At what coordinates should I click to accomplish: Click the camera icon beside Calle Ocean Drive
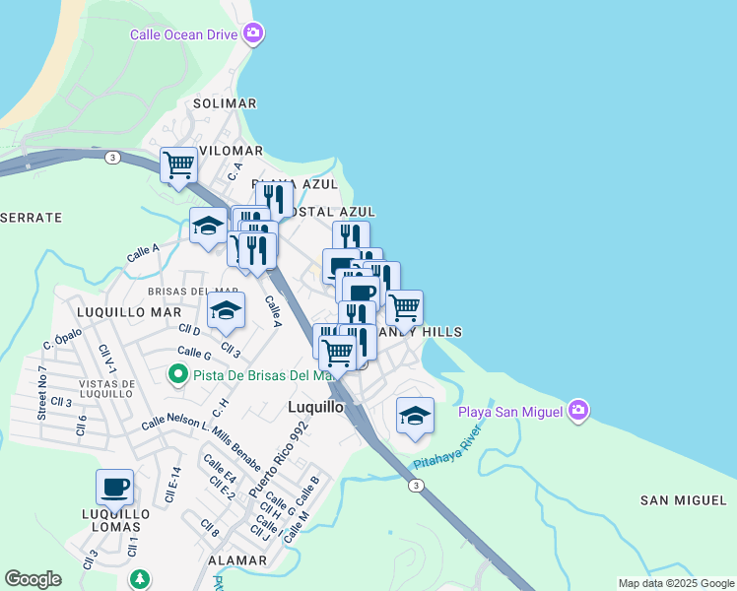pos(253,34)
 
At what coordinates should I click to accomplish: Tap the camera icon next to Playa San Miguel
pos(577,410)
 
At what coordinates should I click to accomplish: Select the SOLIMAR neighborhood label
pos(225,103)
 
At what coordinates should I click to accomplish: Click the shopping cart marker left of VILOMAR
pos(178,164)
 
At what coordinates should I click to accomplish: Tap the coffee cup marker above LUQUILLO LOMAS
pos(114,487)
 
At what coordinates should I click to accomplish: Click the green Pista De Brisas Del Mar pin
pos(177,374)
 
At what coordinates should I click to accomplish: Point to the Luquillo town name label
pos(314,406)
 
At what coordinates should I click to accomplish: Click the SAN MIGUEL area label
pos(683,500)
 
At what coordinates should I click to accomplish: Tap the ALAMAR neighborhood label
pos(237,559)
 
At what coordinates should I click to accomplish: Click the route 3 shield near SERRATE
pos(114,158)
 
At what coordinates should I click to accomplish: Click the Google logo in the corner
pos(33,578)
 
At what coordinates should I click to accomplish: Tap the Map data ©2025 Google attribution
pos(675,583)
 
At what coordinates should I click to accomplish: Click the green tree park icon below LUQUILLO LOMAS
pos(140,577)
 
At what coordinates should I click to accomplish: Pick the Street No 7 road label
pos(42,392)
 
